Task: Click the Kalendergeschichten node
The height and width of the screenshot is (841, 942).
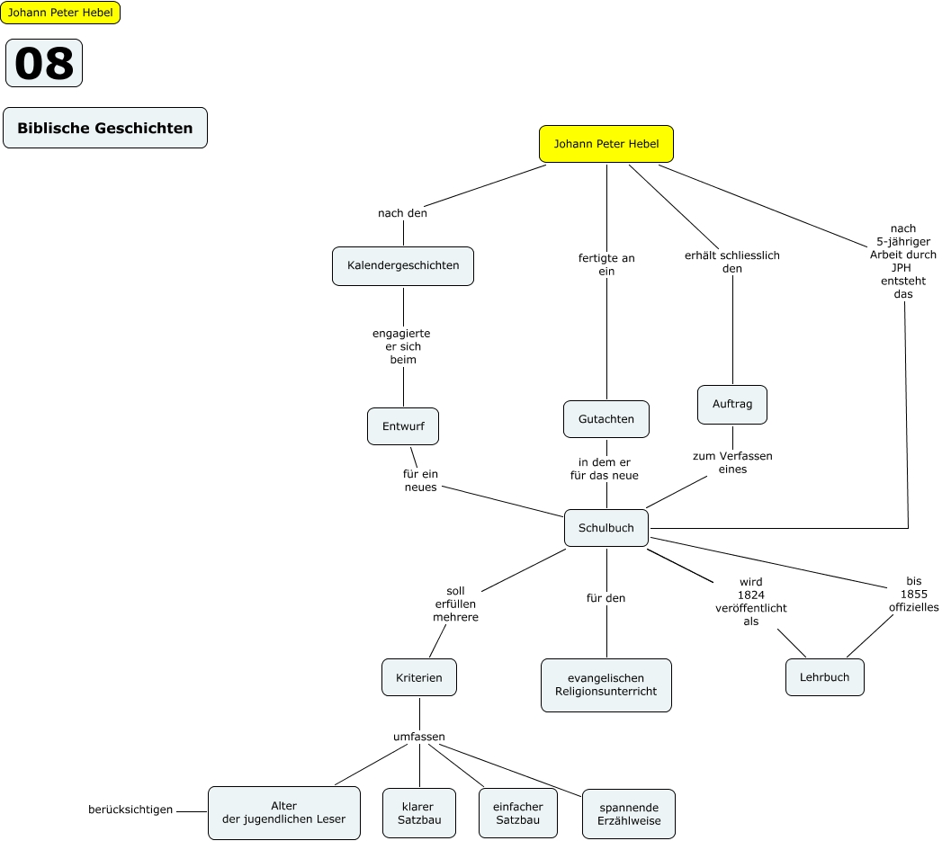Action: click(403, 265)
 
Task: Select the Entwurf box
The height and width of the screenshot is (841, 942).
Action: click(403, 426)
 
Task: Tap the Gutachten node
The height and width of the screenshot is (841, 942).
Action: click(606, 419)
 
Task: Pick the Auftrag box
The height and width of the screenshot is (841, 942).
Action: click(732, 405)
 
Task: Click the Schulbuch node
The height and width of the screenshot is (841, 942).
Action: click(606, 528)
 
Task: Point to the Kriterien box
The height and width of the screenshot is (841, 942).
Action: click(419, 677)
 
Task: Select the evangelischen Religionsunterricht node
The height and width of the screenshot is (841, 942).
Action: click(606, 685)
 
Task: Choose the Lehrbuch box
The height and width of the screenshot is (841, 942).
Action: click(824, 677)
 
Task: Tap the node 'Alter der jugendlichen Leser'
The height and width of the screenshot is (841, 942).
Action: click(284, 812)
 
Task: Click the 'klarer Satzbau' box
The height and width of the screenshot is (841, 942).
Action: click(419, 813)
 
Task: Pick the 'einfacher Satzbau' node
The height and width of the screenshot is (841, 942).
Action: click(518, 813)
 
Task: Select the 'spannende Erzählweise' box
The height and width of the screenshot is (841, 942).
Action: click(629, 814)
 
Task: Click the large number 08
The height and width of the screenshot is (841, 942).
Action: click(44, 63)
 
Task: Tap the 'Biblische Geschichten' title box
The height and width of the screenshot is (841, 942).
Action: click(105, 128)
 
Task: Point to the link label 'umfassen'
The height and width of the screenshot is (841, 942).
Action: click(419, 737)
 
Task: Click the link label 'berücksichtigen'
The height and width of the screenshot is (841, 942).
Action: click(130, 810)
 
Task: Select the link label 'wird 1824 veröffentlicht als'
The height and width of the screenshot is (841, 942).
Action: click(750, 601)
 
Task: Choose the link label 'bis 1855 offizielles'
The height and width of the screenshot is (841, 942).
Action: click(914, 594)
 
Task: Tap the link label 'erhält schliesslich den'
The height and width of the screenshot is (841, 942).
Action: click(732, 262)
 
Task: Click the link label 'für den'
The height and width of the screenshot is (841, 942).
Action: click(606, 598)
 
